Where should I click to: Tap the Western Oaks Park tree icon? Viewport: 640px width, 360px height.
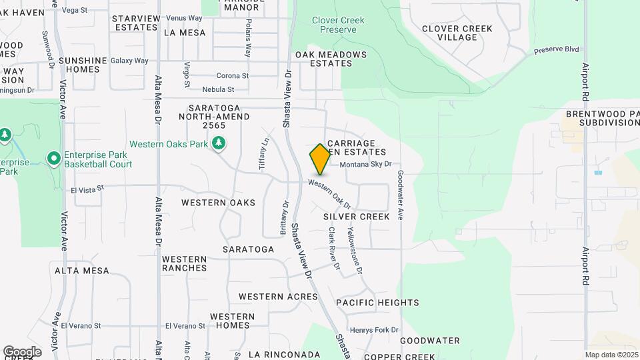coord(218,143)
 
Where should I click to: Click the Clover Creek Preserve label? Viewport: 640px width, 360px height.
coord(338,25)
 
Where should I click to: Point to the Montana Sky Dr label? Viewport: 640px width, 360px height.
coord(365,164)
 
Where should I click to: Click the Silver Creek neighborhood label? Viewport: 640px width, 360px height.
coord(356,217)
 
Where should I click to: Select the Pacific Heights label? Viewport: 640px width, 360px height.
coord(377,303)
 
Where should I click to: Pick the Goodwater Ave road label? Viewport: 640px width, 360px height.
coord(401,195)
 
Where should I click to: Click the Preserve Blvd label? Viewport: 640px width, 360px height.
coord(556,50)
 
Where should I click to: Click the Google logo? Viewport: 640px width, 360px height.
coord(22,352)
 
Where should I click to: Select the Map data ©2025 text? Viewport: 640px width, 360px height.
coord(612,355)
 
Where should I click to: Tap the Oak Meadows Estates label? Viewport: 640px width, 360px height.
coord(331,59)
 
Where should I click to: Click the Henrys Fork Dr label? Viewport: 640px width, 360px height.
coord(374,330)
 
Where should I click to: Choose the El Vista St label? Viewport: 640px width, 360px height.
coord(87,189)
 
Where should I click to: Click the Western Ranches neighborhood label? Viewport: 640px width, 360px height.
coord(185,263)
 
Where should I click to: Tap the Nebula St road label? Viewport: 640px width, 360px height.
coord(218,89)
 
